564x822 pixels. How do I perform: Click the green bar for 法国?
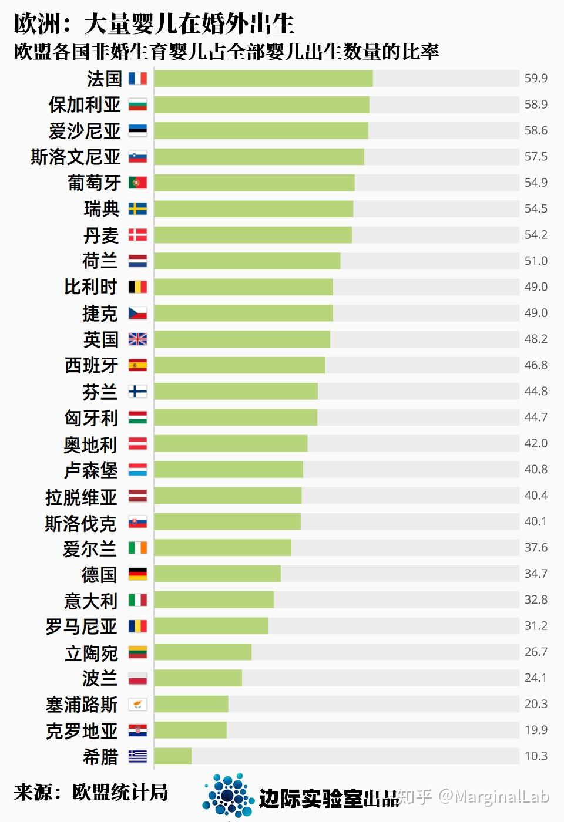(263, 79)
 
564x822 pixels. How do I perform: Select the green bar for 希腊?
(173, 756)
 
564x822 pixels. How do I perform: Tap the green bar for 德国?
(217, 574)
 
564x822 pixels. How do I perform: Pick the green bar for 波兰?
(198, 678)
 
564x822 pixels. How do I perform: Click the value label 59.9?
(536, 79)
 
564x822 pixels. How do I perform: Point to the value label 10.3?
(536, 756)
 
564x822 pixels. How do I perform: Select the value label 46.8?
(536, 365)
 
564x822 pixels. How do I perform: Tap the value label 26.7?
(536, 652)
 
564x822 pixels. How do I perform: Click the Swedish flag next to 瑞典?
(137, 209)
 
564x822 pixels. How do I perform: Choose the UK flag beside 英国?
(137, 339)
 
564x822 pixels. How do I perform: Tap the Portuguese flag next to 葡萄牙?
(137, 183)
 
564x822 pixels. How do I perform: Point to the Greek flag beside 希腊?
(137, 756)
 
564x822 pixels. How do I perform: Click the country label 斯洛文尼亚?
(76, 157)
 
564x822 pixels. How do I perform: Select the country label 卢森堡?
(91, 470)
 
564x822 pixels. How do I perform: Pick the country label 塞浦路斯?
(82, 704)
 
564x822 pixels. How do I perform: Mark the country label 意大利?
(91, 600)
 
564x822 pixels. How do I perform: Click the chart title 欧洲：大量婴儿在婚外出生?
(154, 23)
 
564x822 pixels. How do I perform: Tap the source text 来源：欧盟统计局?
(91, 792)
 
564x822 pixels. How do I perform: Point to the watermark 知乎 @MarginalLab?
(474, 797)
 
